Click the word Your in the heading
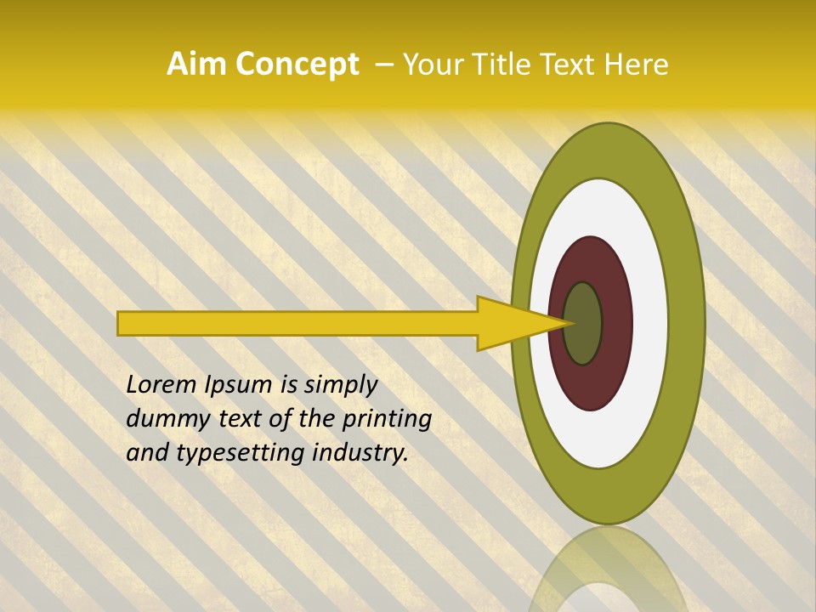(433, 65)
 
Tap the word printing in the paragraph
(387, 420)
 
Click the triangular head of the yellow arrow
(510, 323)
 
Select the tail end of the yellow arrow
(124, 323)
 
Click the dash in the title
(383, 65)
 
